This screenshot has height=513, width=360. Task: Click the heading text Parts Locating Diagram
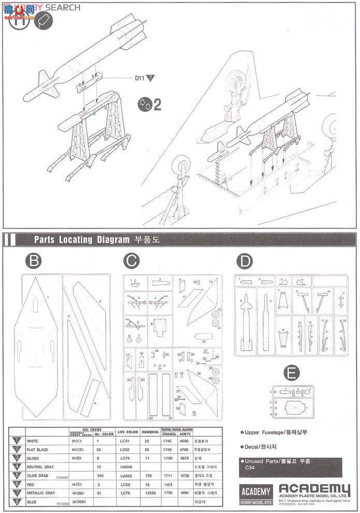(83, 239)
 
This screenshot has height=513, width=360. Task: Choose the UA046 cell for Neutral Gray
(124, 466)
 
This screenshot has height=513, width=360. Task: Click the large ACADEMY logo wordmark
(314, 489)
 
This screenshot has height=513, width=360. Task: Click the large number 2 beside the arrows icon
(157, 105)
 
